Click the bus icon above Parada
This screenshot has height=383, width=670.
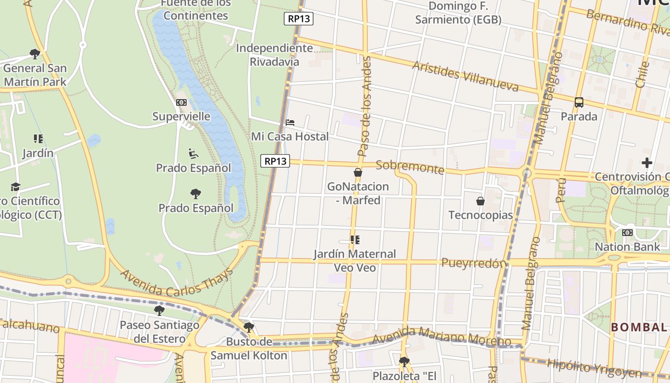coord(579,102)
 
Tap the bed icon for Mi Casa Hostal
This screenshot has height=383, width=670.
coord(290,123)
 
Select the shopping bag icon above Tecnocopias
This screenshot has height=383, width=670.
coord(480,201)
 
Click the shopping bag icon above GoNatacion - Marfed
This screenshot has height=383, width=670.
coord(358,172)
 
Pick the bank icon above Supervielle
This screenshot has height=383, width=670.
coord(181,102)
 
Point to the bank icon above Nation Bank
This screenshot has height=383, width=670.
coord(627,233)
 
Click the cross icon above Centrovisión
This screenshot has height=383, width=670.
coord(647,163)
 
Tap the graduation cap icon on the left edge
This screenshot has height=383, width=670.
coord(16,187)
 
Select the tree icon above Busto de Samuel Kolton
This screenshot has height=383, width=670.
coord(248,327)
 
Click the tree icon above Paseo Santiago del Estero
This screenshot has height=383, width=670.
coord(159,311)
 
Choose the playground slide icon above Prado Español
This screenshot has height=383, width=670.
coord(193,154)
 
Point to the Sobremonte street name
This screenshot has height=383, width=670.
coord(410,167)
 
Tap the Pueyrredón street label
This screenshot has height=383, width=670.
coord(473,263)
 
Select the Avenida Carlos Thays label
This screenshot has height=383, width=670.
coord(176,283)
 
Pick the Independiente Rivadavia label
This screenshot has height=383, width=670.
coord(275,55)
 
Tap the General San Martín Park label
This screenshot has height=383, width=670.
coord(34,75)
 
